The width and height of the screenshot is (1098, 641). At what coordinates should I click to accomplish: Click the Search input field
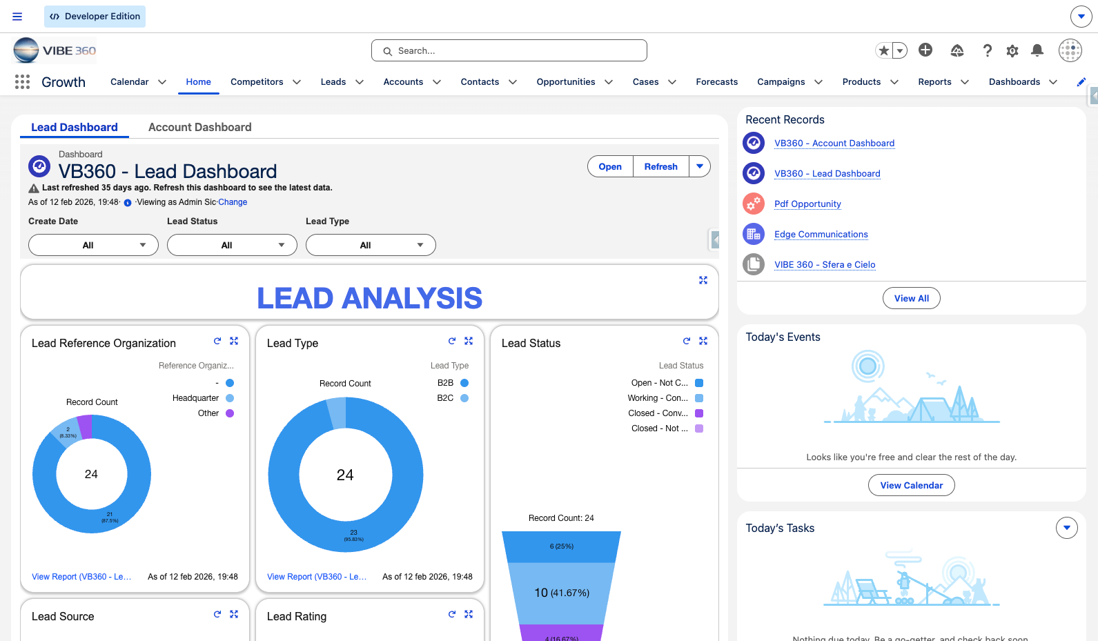click(x=509, y=50)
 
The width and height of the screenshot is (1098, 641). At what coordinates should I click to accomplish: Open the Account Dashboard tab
click(x=199, y=128)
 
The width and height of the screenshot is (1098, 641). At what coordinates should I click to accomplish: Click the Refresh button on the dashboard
click(x=660, y=166)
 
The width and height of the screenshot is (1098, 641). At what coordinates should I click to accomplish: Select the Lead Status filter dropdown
click(x=232, y=245)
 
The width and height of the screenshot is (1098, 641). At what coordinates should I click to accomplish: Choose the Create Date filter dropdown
click(x=93, y=245)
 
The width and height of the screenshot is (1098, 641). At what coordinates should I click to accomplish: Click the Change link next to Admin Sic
click(x=233, y=202)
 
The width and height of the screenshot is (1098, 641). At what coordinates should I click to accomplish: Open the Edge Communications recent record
click(x=821, y=235)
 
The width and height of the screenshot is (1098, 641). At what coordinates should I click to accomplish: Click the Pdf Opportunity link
click(x=807, y=204)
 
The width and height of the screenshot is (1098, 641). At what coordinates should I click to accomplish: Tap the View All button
click(x=911, y=298)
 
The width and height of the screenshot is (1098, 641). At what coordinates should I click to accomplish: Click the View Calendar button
click(x=911, y=485)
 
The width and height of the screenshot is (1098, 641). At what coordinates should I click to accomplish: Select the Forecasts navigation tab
click(x=716, y=82)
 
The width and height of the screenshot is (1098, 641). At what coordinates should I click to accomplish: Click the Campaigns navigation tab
click(x=781, y=82)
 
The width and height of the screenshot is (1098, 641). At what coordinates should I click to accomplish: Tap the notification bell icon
click(x=1037, y=50)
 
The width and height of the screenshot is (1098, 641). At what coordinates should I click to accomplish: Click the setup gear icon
click(x=1012, y=50)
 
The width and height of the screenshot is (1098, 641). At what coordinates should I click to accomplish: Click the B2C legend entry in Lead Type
click(x=452, y=398)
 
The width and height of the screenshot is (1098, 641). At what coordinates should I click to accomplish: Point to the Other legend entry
click(x=215, y=413)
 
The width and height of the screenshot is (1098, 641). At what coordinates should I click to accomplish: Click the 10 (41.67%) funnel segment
click(x=562, y=593)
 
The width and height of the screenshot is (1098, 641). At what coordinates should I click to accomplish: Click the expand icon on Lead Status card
click(x=703, y=341)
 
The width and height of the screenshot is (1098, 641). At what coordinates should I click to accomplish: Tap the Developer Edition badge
click(x=95, y=17)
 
